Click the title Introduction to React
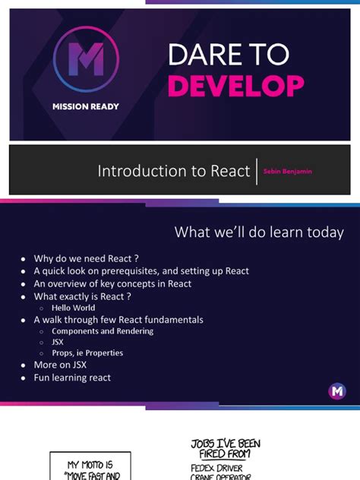tap(174, 172)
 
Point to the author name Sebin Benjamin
tap(287, 172)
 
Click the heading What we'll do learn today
tap(259, 232)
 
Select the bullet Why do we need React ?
tap(86, 259)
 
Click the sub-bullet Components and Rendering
tap(103, 331)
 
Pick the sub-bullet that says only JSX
tap(58, 342)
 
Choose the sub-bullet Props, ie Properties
tap(87, 353)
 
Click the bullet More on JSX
tap(60, 365)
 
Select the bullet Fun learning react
tap(72, 377)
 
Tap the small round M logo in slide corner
tap(337, 391)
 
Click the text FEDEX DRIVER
tap(217, 469)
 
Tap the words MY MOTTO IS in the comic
tap(90, 464)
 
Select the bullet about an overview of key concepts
tap(112, 283)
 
